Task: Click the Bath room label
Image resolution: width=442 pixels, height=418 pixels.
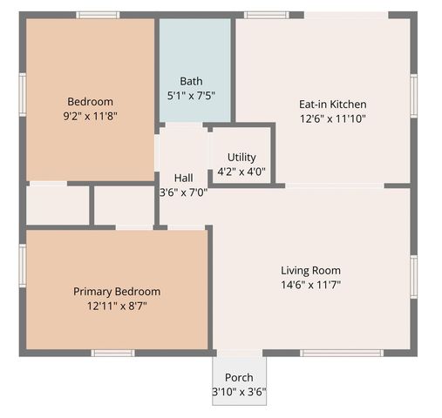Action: [191, 81]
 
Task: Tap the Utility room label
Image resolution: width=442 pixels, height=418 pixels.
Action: [241, 157]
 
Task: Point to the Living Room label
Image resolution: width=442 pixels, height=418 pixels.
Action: [310, 270]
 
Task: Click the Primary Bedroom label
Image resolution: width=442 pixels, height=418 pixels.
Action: [117, 291]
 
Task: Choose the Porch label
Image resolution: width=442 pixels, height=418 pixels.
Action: [239, 377]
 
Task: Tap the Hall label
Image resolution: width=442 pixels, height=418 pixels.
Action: [183, 178]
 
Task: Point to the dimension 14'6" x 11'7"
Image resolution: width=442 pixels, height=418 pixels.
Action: [310, 285]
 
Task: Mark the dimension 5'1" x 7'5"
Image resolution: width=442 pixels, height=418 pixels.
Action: [191, 96]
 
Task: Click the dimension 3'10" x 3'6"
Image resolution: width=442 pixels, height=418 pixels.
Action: [239, 392]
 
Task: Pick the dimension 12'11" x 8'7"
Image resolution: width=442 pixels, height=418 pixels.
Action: [117, 306]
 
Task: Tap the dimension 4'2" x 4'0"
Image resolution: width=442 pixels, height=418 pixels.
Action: [241, 171]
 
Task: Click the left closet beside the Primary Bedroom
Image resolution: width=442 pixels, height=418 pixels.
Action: [58, 206]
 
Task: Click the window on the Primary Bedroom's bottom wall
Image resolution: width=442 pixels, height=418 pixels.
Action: [113, 353]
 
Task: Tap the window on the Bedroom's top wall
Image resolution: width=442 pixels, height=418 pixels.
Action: [98, 15]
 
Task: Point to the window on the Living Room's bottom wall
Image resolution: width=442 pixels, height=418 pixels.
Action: [341, 353]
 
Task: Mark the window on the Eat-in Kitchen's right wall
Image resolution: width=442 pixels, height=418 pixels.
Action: [414, 93]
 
